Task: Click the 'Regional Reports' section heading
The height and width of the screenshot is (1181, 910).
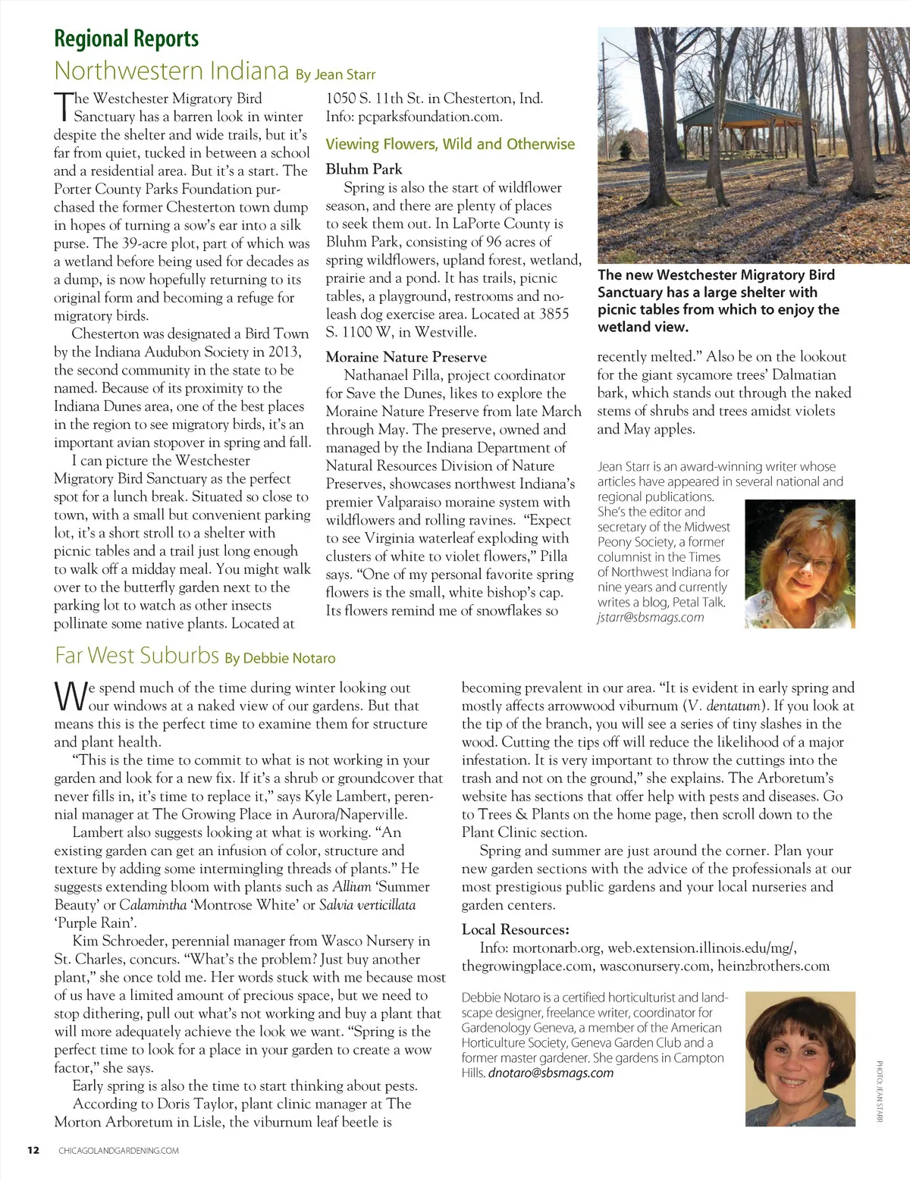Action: (127, 38)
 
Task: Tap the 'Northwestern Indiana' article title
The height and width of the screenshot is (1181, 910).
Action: (171, 71)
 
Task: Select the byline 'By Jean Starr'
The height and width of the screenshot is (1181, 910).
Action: (336, 74)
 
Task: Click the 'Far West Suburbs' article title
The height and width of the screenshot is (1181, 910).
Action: (136, 655)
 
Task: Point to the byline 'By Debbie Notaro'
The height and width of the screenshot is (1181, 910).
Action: (280, 658)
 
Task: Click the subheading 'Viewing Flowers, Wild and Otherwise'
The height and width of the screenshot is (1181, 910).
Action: (450, 144)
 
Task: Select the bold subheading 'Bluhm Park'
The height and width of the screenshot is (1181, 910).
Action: (364, 169)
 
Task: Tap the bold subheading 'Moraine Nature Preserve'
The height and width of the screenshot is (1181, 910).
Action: (406, 357)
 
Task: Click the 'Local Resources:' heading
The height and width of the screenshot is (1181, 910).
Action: (516, 929)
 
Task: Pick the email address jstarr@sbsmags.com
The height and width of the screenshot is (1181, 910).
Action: (651, 617)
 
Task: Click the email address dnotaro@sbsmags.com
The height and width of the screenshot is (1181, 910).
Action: (551, 1073)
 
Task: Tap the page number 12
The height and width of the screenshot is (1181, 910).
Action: (33, 1150)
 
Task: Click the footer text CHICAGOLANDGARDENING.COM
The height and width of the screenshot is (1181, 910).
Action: (119, 1151)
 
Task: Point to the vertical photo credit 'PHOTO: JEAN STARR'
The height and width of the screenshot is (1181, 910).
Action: (880, 1092)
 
